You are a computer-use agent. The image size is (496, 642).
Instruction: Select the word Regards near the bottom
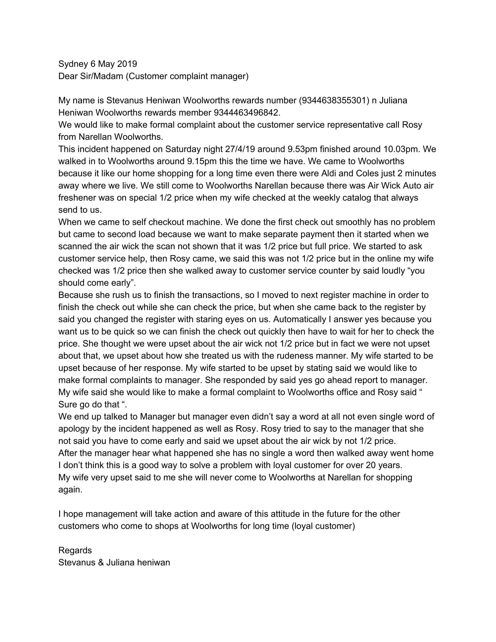75,550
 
